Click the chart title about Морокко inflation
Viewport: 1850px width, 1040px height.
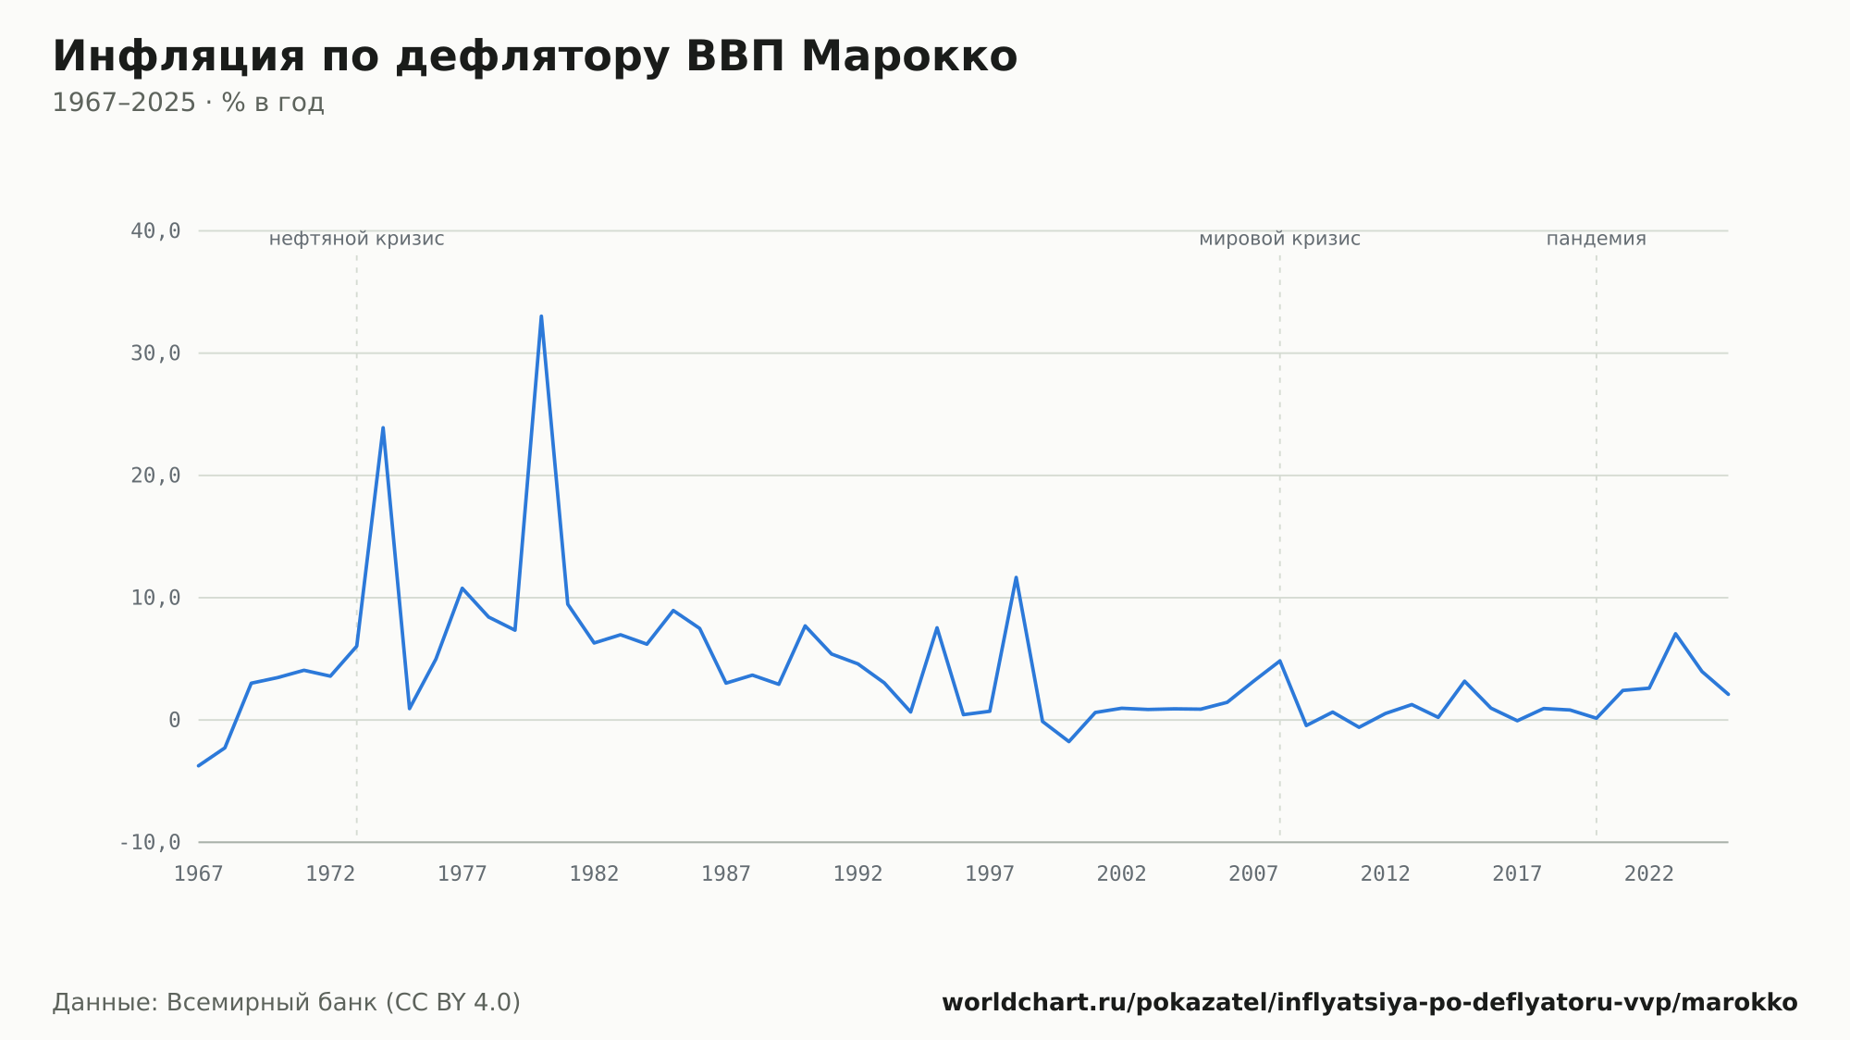(x=535, y=57)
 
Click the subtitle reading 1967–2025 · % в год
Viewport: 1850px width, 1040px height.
(x=188, y=103)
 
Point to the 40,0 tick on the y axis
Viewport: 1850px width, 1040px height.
(x=155, y=231)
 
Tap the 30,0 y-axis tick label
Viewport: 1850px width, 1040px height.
(x=155, y=353)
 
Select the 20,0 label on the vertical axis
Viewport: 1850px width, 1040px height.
(x=155, y=476)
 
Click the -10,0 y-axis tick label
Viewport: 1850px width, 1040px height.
(x=150, y=842)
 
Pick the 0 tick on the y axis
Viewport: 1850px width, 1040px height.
(x=175, y=720)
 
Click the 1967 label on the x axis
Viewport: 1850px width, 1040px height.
(x=199, y=874)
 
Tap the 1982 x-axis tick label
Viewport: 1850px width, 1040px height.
(x=594, y=874)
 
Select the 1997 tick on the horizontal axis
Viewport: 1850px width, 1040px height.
(x=990, y=874)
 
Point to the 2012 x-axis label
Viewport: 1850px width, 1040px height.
(x=1386, y=874)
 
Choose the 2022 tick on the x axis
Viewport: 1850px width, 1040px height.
(x=1649, y=874)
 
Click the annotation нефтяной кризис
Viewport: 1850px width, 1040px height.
(x=357, y=240)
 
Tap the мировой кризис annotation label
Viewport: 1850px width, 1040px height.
(x=1280, y=240)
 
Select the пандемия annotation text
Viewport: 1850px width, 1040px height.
(x=1597, y=240)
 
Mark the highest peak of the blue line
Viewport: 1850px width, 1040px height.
(x=541, y=316)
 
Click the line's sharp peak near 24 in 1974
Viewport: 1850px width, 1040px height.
(x=383, y=427)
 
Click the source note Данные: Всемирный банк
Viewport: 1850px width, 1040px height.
(x=287, y=1003)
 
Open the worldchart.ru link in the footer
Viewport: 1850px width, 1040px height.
(x=1370, y=1003)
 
